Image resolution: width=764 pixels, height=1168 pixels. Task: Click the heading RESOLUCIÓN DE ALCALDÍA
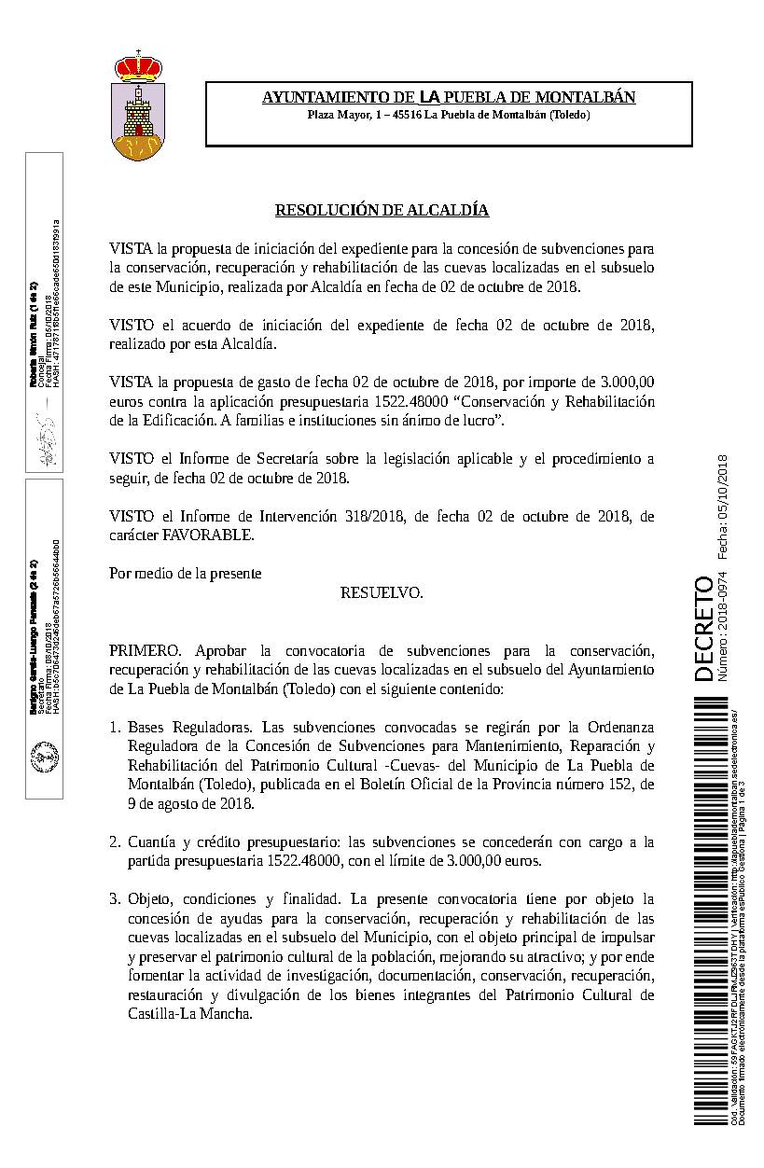click(x=382, y=211)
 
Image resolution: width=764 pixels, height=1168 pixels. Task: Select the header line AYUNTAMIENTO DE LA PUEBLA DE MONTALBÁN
click(x=449, y=97)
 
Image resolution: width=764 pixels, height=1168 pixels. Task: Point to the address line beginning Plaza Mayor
click(x=449, y=115)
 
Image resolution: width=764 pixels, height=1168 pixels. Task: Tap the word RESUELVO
click(x=382, y=592)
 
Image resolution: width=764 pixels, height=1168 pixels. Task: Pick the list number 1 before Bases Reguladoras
click(x=115, y=726)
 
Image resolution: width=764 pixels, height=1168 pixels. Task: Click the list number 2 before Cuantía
click(x=115, y=841)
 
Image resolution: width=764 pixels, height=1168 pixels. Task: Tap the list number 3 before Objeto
click(x=115, y=899)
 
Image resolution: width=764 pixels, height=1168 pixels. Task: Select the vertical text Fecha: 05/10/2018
click(x=724, y=508)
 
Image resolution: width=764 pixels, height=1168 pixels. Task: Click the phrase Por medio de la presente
click(x=185, y=573)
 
